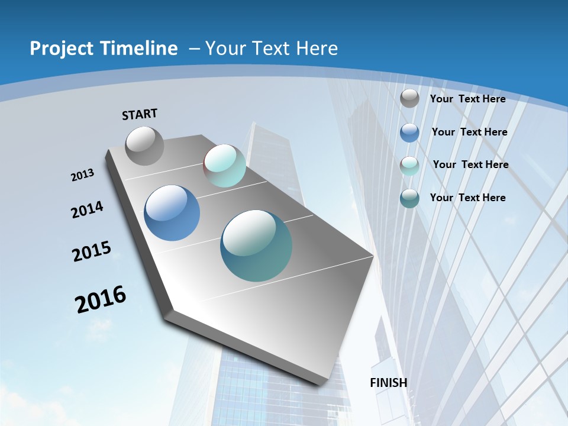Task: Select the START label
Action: coord(140,114)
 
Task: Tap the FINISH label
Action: coord(389,382)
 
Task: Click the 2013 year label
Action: coord(83,175)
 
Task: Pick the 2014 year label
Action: coord(88,210)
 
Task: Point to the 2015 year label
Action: coord(92,251)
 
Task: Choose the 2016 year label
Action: coord(101,299)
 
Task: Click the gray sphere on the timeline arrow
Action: coord(144,146)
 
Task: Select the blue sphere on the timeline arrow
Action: coord(172,213)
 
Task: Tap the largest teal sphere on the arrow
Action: coord(256,246)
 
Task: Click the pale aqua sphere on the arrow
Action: coord(224,166)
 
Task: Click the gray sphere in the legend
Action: coord(409,98)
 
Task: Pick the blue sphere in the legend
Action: coord(409,133)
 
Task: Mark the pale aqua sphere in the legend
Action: coord(409,166)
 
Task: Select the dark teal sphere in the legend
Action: coord(409,198)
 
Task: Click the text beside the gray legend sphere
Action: coord(468,99)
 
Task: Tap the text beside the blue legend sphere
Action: coord(470,132)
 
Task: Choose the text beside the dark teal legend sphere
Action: coord(468,198)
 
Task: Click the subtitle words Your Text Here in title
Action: coord(272,49)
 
